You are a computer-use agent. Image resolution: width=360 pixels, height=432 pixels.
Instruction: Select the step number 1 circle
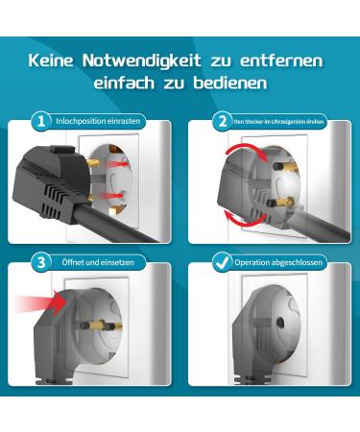(x=40, y=122)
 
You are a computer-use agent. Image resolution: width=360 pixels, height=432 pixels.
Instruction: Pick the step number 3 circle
(x=40, y=261)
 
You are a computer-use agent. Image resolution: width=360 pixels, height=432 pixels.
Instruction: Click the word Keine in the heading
(x=52, y=60)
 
